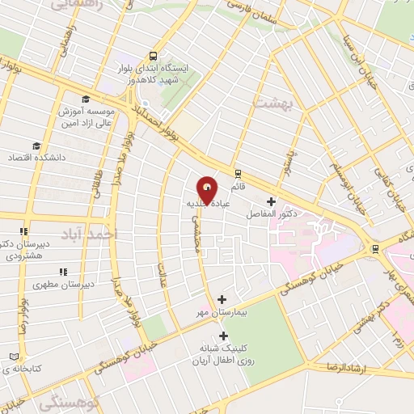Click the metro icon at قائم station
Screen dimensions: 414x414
[x=237, y=174]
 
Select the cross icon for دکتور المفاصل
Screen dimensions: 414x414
[x=271, y=201]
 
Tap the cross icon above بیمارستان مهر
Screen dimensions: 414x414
[x=222, y=299]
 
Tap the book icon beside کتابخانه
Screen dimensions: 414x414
[x=12, y=357]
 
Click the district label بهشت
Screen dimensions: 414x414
[x=270, y=103]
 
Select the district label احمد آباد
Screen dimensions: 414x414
[x=116, y=233]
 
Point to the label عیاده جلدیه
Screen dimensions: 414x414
[x=209, y=205]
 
